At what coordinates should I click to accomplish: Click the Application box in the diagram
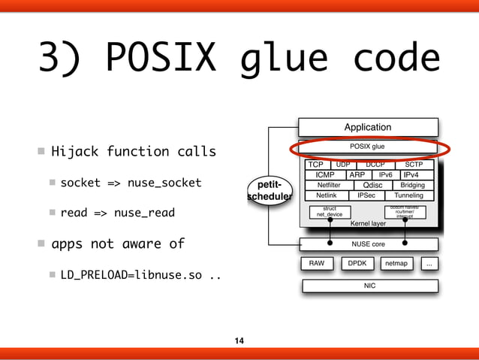(368, 127)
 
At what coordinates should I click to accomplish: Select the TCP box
(316, 165)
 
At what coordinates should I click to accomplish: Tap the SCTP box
(414, 165)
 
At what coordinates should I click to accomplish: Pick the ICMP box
(325, 174)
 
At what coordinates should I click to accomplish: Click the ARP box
(357, 174)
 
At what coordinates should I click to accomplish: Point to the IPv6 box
(385, 174)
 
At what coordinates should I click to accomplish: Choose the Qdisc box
(373, 185)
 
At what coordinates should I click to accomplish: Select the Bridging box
(413, 185)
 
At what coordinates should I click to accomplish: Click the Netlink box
(326, 195)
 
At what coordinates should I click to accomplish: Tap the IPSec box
(366, 195)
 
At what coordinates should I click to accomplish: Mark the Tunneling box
(408, 195)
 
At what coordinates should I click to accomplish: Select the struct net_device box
(330, 212)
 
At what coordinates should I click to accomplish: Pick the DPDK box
(357, 264)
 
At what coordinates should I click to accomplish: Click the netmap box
(398, 264)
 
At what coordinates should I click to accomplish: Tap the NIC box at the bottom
(369, 286)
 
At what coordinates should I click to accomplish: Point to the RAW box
(316, 264)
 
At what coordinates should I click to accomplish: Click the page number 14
(239, 341)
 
